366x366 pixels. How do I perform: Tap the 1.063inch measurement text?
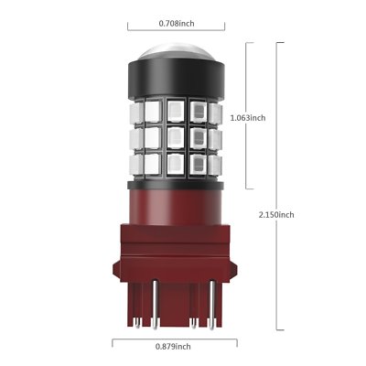(248, 117)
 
